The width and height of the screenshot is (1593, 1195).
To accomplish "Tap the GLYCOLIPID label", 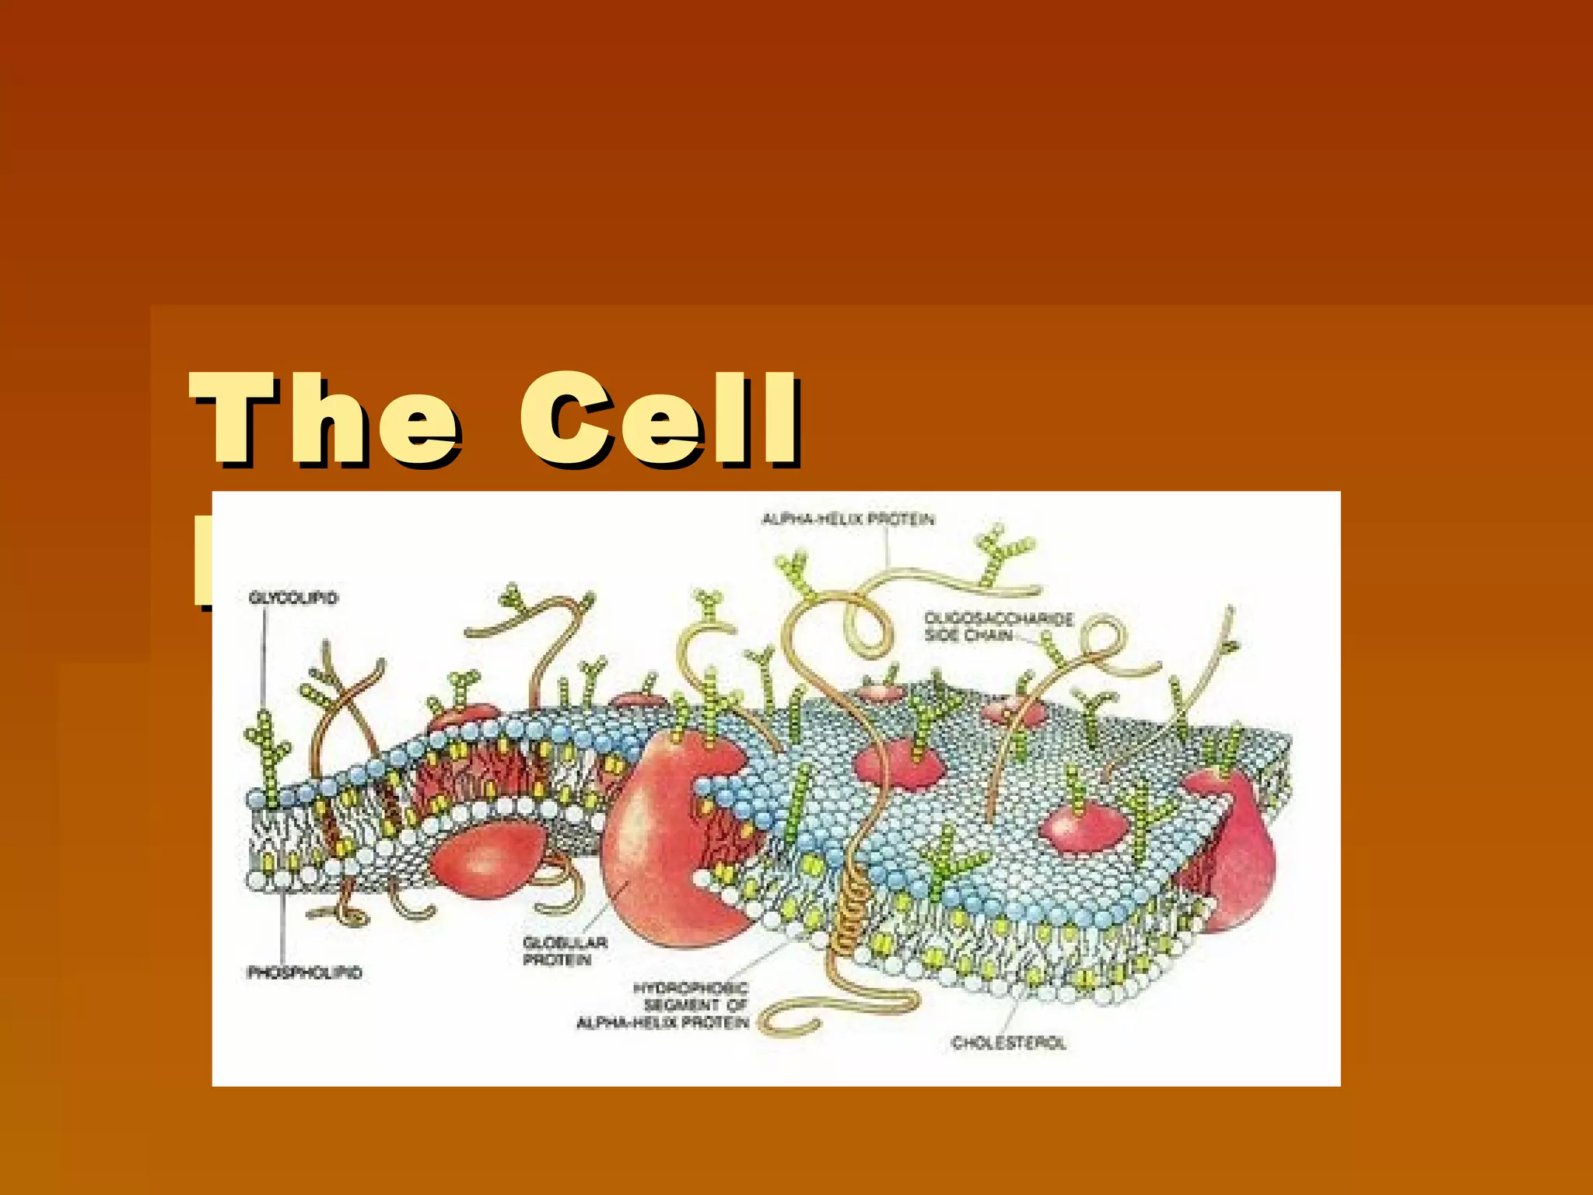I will [x=293, y=597].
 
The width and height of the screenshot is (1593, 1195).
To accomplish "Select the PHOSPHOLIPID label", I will [x=304, y=972].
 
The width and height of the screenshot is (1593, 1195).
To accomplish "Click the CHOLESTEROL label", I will [x=1008, y=1043].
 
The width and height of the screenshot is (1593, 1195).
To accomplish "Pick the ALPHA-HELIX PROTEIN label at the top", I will [x=848, y=519].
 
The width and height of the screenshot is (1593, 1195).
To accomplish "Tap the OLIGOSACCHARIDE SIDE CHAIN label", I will [x=998, y=626].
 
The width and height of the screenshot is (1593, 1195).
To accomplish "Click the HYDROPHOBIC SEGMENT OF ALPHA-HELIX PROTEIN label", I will [x=663, y=1004].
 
